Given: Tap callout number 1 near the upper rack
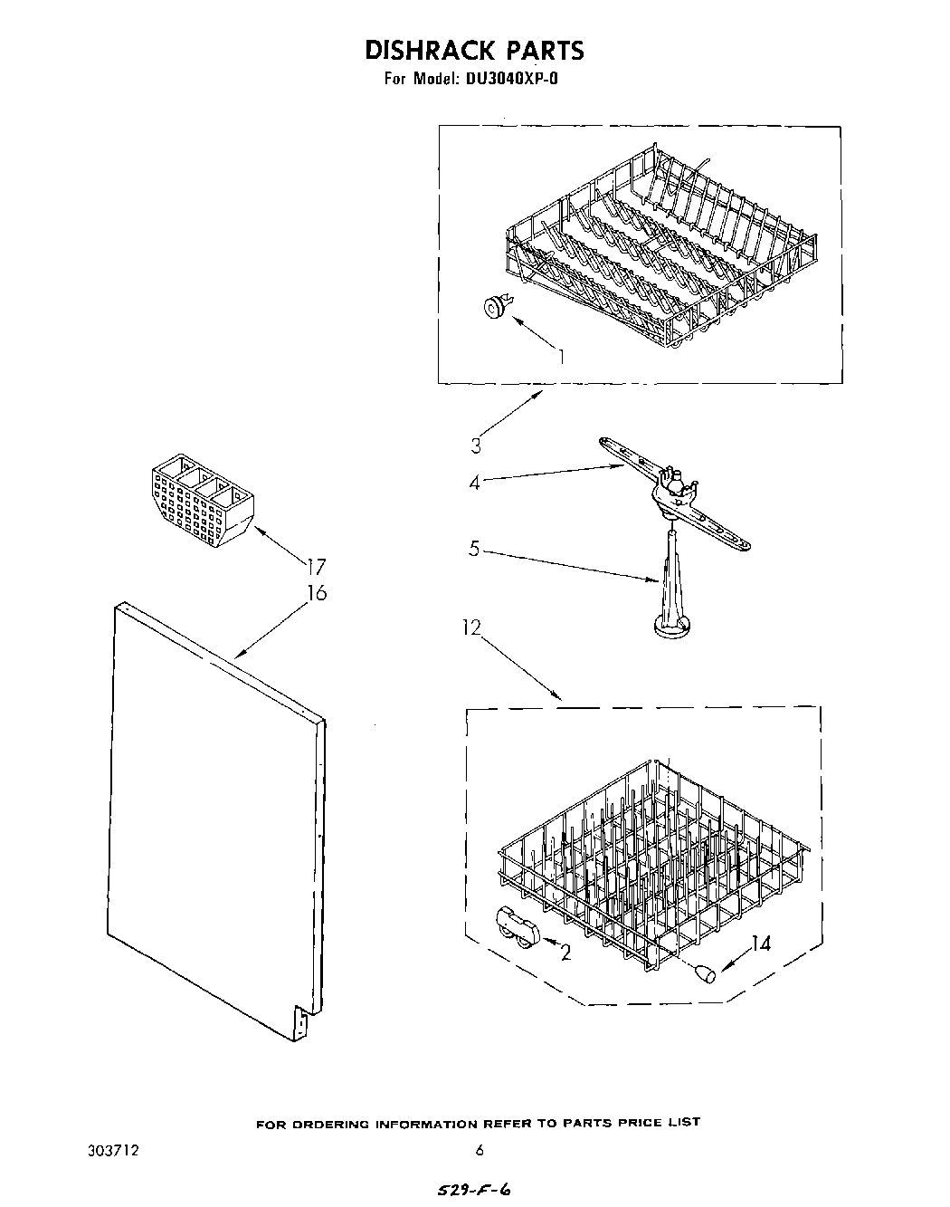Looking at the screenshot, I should click(562, 356).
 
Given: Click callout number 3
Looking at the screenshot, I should click(476, 445).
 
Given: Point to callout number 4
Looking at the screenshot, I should click(474, 482).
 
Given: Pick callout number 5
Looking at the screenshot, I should click(474, 549).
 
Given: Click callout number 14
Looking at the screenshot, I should click(761, 944).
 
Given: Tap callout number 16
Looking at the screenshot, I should click(317, 593).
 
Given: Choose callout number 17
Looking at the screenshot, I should click(316, 568).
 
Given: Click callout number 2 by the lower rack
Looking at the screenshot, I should click(565, 953).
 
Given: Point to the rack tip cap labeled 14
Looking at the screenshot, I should click(703, 973).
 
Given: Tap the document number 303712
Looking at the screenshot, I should click(116, 1151).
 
